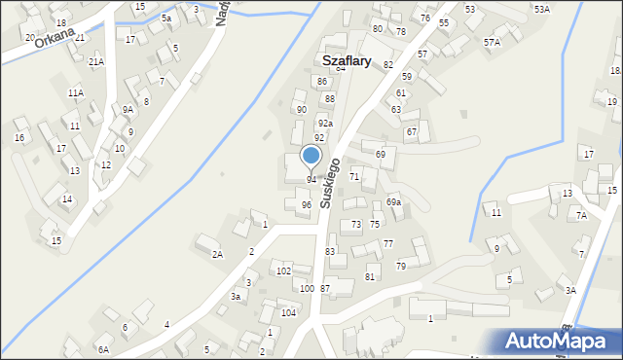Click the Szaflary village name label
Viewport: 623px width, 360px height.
point(346,60)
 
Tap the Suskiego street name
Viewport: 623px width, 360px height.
point(330,182)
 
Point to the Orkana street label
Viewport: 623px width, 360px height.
point(54,36)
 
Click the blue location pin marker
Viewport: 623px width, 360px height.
point(311,156)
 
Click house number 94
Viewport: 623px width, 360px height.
point(311,180)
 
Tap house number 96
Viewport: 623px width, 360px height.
point(306,204)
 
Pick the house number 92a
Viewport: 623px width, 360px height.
point(325,124)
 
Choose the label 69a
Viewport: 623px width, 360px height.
point(393,202)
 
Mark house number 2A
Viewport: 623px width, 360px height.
point(218,254)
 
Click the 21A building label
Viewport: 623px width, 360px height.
point(96,61)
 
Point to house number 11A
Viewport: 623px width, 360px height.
point(75,92)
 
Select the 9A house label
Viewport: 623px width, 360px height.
point(128,110)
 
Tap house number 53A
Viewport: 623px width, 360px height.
point(541,9)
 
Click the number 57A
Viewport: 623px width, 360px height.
point(492,43)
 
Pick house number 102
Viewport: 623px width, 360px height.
point(283,270)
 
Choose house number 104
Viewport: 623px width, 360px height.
point(288,312)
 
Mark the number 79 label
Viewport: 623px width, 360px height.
point(400,266)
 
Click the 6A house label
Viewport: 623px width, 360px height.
point(103,348)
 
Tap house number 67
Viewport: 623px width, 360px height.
point(411,131)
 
